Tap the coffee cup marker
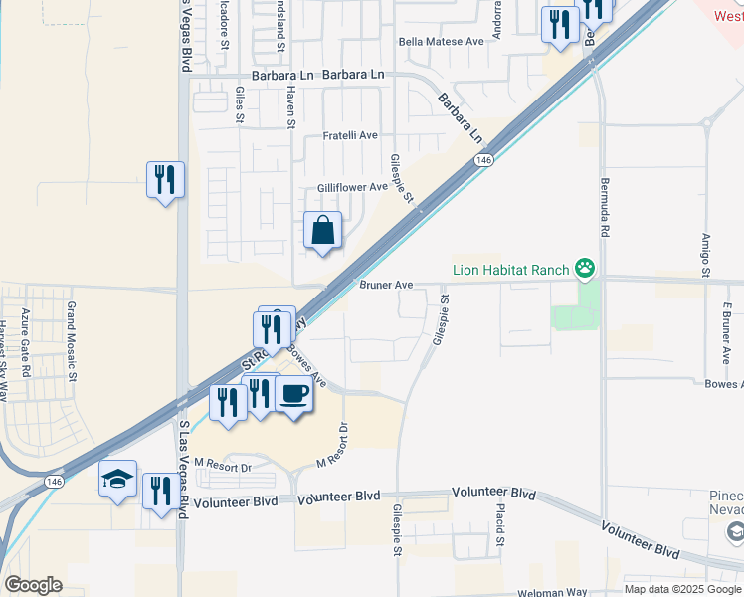point(293,395)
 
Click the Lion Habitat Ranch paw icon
point(586,268)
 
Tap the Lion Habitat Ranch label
point(510,269)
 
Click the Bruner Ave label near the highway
point(386,285)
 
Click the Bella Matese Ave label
point(441,41)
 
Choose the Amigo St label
point(705,255)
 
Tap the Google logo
point(33,585)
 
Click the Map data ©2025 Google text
point(682,589)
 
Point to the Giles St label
point(240,104)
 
